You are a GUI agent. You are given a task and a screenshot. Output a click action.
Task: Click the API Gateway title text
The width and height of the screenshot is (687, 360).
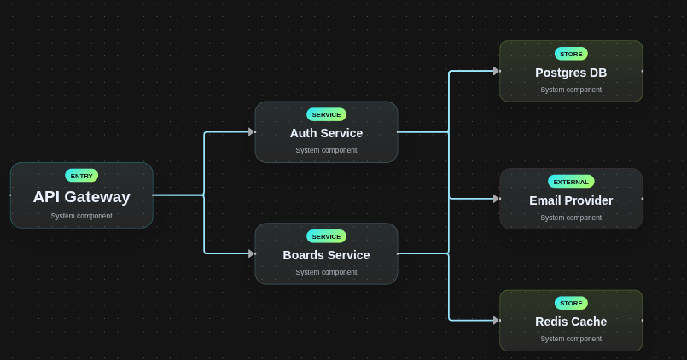81,197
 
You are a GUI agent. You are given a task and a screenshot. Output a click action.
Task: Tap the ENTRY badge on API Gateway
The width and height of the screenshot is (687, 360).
81,176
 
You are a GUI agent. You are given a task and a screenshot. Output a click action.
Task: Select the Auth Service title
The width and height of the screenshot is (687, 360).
326,133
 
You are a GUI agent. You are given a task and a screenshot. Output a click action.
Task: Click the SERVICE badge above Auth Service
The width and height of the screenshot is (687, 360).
326,114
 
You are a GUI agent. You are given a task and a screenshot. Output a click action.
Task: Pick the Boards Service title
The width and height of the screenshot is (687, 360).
326,255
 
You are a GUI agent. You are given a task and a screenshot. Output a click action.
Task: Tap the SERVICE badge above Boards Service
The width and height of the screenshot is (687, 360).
326,236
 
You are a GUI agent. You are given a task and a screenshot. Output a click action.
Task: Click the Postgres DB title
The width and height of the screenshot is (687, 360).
571,73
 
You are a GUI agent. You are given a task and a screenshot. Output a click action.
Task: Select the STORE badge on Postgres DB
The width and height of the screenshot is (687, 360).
571,54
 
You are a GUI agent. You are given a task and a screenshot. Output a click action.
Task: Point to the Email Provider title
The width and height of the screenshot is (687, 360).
571,200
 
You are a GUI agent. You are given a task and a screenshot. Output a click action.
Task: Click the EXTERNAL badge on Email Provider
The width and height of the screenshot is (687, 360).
571,182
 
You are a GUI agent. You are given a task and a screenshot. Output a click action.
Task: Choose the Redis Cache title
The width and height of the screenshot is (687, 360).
571,322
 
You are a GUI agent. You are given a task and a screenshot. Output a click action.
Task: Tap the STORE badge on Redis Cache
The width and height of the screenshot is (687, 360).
571,303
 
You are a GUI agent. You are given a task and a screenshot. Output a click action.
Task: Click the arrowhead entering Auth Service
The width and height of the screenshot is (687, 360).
251,132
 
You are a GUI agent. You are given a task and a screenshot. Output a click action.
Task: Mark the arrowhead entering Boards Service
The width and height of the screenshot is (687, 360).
251,253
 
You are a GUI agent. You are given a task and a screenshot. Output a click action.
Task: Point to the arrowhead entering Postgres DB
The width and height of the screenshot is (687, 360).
496,71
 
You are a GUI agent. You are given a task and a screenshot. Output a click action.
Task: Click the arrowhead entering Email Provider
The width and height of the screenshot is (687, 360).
496,199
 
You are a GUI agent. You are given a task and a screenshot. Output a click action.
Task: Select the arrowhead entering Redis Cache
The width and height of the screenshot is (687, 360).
496,321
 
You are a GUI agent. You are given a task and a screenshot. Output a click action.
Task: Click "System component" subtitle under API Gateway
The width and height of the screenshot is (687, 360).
81,216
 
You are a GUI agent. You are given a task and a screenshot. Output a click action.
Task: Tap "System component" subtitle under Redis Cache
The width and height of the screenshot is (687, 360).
571,339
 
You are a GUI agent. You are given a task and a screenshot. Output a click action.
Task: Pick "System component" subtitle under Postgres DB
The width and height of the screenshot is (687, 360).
571,90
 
